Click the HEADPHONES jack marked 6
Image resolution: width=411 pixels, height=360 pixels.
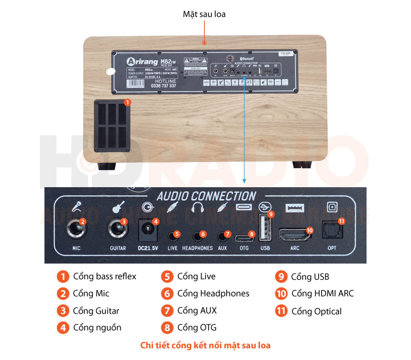197,236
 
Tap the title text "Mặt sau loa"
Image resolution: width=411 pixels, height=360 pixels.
204,14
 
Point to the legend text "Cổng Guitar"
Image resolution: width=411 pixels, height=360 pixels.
96,311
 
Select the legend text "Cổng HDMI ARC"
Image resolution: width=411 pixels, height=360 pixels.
322,294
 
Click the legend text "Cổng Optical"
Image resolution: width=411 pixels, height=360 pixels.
316,311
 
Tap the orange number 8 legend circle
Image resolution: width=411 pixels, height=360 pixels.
167,328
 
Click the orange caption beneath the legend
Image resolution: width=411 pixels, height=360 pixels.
206,345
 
